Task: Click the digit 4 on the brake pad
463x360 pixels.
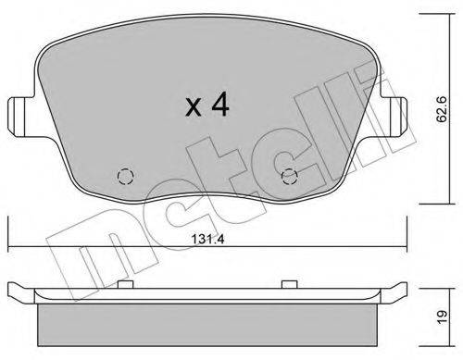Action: (x=220, y=105)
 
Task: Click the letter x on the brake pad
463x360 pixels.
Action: (x=194, y=107)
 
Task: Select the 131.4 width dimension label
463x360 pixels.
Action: (x=207, y=239)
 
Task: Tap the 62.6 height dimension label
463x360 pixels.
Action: (x=442, y=109)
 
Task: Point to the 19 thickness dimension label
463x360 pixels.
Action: (x=443, y=317)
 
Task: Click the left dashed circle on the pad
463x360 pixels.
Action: (x=126, y=177)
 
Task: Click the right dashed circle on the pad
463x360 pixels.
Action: (x=290, y=177)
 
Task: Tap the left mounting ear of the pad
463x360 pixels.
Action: (x=20, y=116)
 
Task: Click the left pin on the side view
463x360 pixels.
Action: (x=126, y=284)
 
